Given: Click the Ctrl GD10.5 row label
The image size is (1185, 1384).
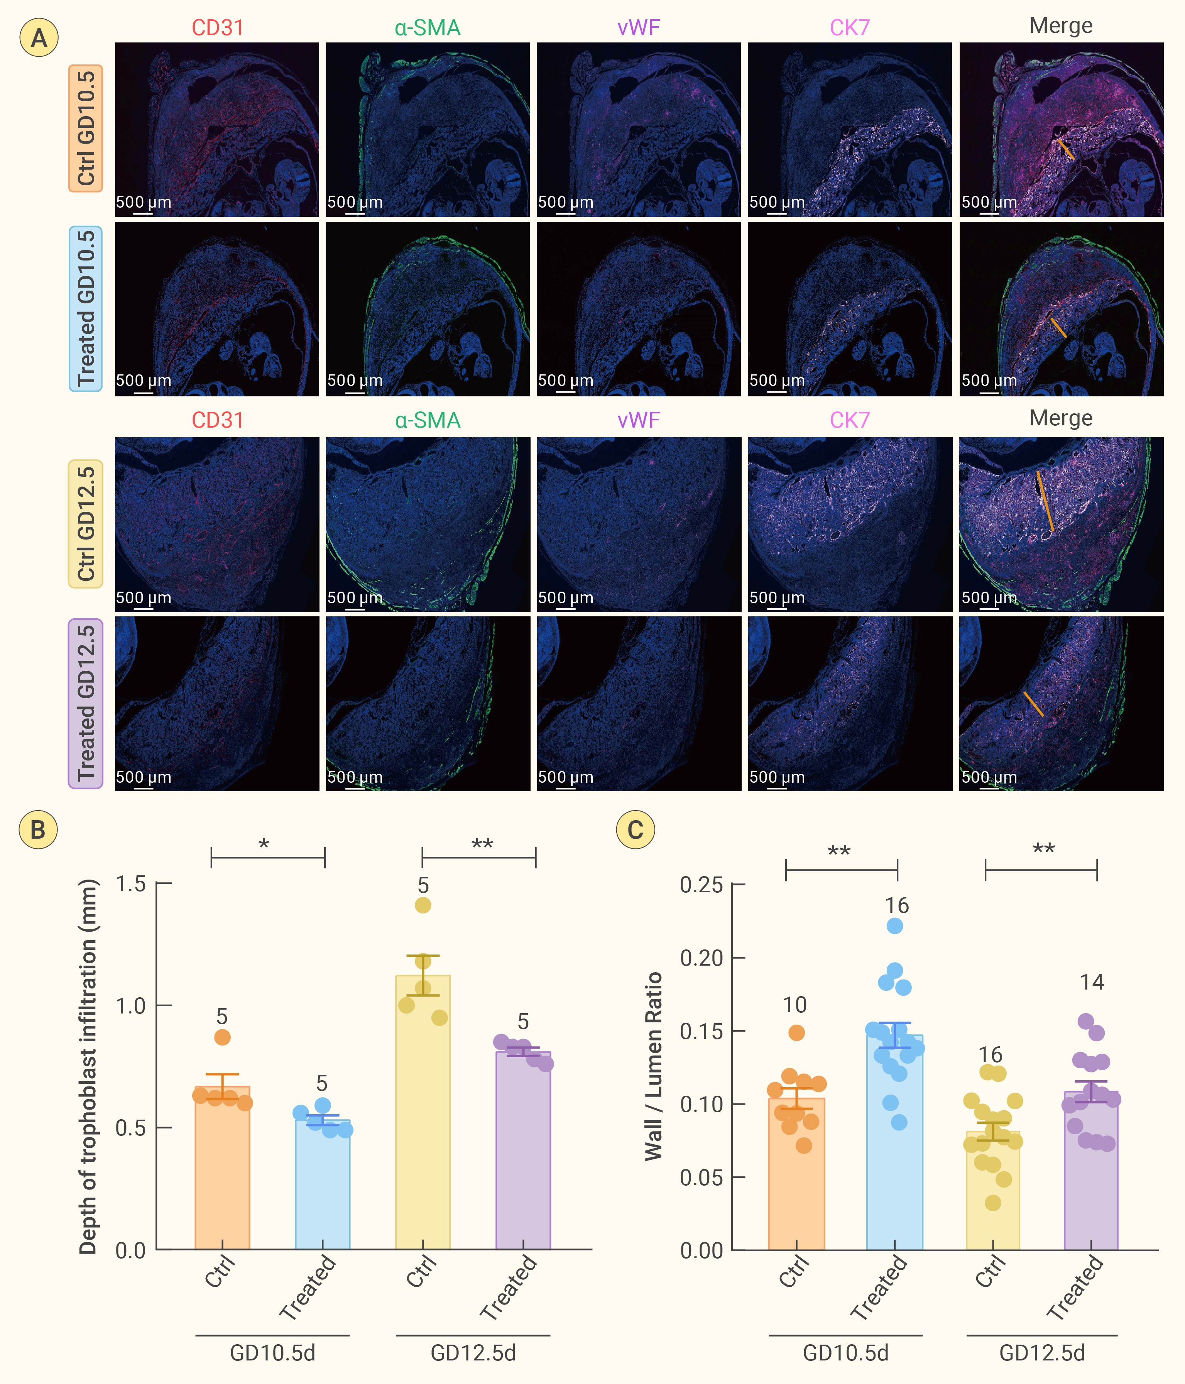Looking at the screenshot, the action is tap(86, 128).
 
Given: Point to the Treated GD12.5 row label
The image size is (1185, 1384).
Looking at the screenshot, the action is tap(86, 703).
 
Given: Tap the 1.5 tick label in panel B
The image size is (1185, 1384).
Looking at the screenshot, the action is tap(131, 884).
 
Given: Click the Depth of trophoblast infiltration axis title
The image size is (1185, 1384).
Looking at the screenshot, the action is tap(88, 1067).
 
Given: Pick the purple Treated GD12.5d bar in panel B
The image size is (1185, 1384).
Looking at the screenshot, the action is tap(523, 1150).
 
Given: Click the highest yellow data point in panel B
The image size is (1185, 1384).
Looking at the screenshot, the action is tap(423, 905).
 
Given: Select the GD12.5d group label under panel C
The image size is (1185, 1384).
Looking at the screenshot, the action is tap(1042, 1353).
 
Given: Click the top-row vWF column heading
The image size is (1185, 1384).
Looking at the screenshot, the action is tap(639, 27).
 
